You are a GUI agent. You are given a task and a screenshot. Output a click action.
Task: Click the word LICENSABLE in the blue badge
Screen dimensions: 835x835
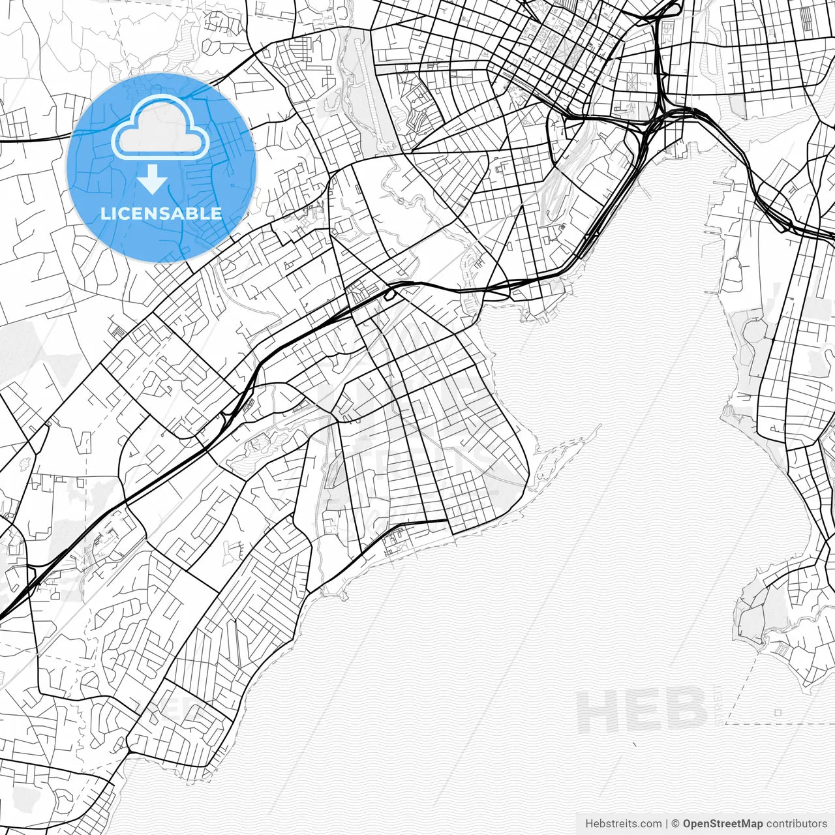161,214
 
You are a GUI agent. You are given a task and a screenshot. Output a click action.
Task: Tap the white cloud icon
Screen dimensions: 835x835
160,128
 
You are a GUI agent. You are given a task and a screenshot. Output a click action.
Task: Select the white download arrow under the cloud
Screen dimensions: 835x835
153,179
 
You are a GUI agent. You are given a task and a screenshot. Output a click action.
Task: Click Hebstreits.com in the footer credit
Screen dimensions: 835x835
623,824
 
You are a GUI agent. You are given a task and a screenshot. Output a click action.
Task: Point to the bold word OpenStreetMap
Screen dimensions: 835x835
723,824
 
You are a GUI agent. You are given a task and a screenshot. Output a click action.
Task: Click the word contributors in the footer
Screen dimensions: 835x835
797,824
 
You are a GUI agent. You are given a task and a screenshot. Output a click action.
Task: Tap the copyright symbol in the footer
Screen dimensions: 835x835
676,824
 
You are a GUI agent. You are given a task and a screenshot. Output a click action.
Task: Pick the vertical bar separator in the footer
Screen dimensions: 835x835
666,824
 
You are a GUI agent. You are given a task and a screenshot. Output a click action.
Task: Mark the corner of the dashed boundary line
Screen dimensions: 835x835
725,724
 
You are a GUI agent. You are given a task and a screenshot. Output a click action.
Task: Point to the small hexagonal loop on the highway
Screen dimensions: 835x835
389,296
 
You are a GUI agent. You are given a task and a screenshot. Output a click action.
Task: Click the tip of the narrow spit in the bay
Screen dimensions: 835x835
599,425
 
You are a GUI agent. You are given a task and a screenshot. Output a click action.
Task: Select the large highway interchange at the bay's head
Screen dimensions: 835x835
659,117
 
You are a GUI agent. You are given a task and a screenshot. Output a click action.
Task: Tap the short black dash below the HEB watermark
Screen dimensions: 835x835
635,744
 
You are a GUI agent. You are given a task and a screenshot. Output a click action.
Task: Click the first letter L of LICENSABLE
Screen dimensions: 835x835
104,214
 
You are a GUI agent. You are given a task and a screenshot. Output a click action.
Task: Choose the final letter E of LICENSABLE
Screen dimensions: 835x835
217,214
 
